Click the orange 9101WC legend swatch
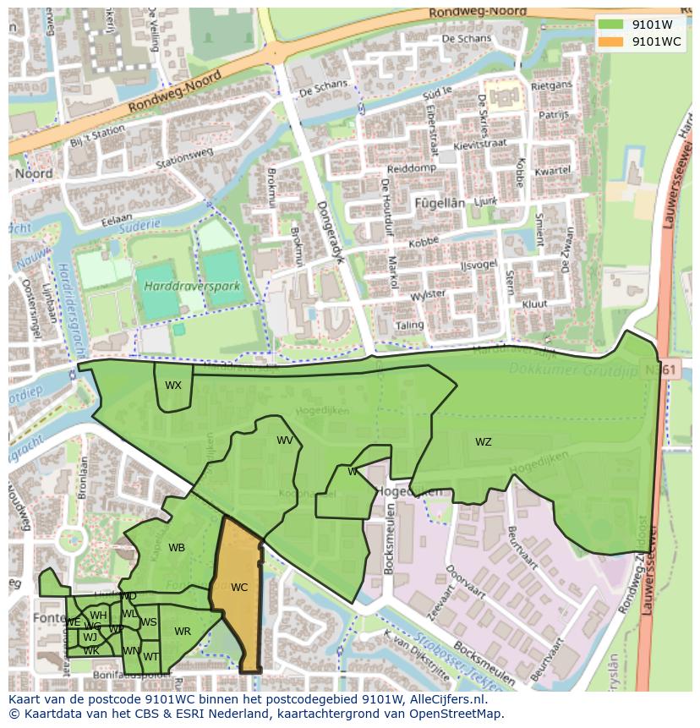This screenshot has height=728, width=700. [x=610, y=41]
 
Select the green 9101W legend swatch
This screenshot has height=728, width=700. [x=610, y=25]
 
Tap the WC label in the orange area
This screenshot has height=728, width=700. [x=239, y=587]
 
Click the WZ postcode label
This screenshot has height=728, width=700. [x=483, y=441]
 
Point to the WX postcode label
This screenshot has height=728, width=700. [x=172, y=386]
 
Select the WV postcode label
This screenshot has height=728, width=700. [x=285, y=441]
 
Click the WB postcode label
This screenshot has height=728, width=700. [x=177, y=548]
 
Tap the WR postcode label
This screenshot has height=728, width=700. [x=183, y=631]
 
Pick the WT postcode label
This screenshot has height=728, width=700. [x=150, y=656]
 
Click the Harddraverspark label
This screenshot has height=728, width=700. [x=192, y=287]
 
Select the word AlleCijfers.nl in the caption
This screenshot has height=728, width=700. [x=447, y=699]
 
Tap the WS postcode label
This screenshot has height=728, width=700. [x=149, y=622]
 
